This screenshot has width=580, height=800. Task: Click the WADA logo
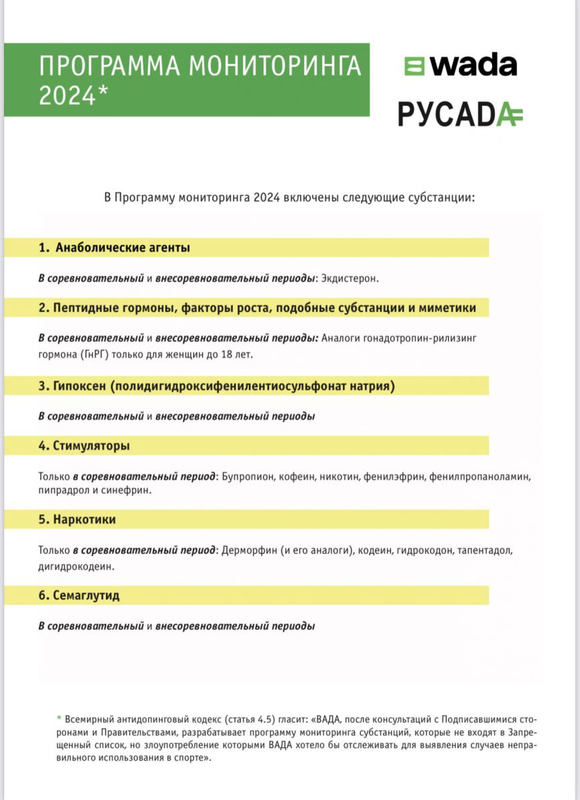(460, 66)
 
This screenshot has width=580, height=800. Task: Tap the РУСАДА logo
(460, 114)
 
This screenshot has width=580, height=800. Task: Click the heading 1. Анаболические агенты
(114, 247)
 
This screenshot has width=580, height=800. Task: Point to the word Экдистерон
(349, 278)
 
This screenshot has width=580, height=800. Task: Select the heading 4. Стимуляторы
(84, 445)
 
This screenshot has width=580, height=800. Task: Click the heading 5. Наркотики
(77, 519)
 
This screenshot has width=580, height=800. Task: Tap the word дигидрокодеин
(76, 566)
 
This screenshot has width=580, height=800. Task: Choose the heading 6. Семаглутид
(79, 595)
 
